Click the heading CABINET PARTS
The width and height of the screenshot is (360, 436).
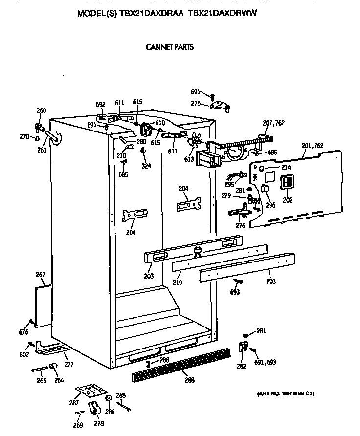tap(170, 47)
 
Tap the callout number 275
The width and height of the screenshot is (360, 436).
tap(196, 103)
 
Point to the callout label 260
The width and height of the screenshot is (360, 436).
tap(41, 111)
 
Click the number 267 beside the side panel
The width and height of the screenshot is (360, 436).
tap(40, 275)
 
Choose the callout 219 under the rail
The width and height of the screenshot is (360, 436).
tap(177, 283)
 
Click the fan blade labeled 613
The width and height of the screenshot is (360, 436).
tap(195, 140)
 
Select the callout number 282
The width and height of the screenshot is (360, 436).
tap(241, 366)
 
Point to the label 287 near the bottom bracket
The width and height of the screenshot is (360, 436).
tap(73, 403)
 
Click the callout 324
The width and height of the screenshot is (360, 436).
tap(146, 166)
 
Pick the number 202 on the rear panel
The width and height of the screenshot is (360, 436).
tap(287, 199)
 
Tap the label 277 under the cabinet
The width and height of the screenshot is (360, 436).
tap(69, 364)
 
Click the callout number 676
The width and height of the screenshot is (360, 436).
tap(23, 333)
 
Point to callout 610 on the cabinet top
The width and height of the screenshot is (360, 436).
tap(160, 123)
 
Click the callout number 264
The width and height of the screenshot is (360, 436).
tap(58, 381)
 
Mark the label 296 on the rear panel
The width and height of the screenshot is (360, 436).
tap(270, 205)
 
